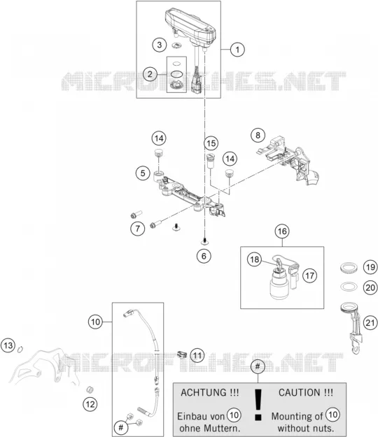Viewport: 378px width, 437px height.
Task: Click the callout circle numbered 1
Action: pyautogui.click(x=237, y=50)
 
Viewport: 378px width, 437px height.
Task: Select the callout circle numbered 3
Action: pyautogui.click(x=160, y=45)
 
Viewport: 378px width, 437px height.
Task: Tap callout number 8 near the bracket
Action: pyautogui.click(x=258, y=135)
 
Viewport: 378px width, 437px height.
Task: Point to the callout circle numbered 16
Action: pyautogui.click(x=282, y=231)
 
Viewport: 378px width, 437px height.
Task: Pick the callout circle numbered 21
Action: pyautogui.click(x=370, y=323)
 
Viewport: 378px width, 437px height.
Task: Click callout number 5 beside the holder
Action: pyautogui.click(x=143, y=173)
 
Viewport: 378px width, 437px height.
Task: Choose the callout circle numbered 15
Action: pyautogui.click(x=211, y=143)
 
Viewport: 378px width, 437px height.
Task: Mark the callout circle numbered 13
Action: pyautogui.click(x=8, y=345)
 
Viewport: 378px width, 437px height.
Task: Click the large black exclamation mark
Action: pyautogui.click(x=258, y=405)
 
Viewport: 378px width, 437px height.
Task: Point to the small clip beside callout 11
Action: pyautogui.click(x=182, y=354)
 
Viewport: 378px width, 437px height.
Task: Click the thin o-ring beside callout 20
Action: pyautogui.click(x=349, y=287)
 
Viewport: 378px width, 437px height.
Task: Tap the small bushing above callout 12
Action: pyautogui.click(x=90, y=389)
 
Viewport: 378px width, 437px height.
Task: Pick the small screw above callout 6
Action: pyautogui.click(x=204, y=240)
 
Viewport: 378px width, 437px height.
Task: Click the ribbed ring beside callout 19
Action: pyautogui.click(x=349, y=268)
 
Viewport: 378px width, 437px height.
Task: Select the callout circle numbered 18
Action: pyautogui.click(x=254, y=259)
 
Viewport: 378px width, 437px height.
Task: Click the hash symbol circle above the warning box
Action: pyautogui.click(x=258, y=366)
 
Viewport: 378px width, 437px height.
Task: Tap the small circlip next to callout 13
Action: pyautogui.click(x=20, y=349)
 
